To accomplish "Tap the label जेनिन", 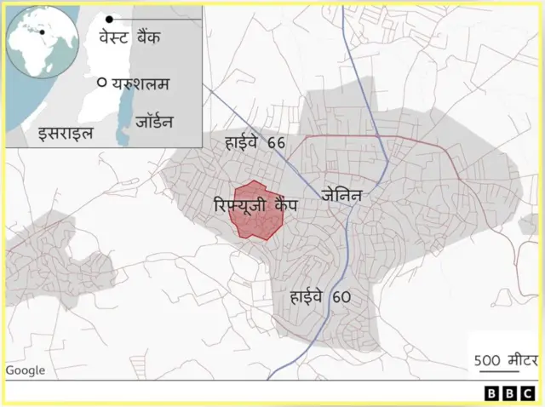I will click(342, 195).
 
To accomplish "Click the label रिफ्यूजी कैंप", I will click(255, 204).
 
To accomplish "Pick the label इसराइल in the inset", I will click(65, 133).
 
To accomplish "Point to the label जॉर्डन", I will click(154, 122).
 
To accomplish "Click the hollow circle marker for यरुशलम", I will click(101, 83).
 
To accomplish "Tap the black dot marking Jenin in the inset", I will click(109, 19).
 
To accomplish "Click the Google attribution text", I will click(25, 370).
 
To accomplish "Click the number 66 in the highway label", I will click(275, 142).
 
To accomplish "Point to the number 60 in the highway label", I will click(341, 297).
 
